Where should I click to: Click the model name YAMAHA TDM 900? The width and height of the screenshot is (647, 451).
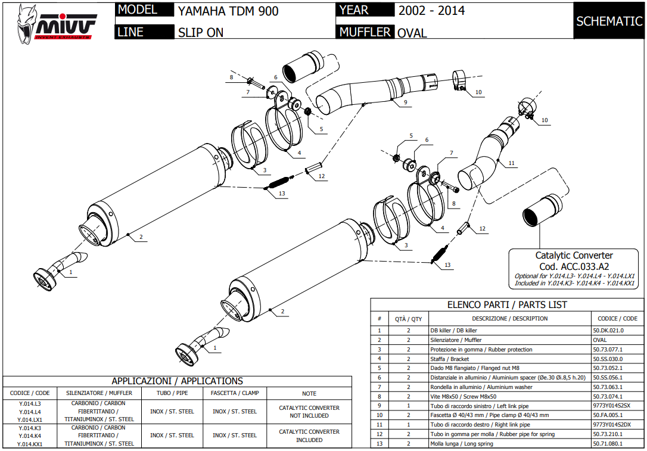[228, 11]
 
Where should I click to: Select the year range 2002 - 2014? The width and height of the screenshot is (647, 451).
[431, 11]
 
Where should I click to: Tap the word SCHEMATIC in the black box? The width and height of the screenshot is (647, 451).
[609, 21]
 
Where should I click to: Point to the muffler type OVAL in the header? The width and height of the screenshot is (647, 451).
[412, 33]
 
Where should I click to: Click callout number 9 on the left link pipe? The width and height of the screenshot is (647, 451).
[405, 102]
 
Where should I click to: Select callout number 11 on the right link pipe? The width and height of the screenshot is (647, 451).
[511, 163]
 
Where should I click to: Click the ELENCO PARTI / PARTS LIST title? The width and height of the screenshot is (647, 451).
[507, 304]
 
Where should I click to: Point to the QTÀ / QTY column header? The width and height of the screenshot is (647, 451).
[409, 319]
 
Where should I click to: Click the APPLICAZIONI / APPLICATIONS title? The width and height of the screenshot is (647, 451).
[178, 381]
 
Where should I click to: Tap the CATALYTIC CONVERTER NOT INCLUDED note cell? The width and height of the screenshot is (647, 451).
[309, 412]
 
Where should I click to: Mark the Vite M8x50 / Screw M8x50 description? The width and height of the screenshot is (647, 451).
[463, 397]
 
